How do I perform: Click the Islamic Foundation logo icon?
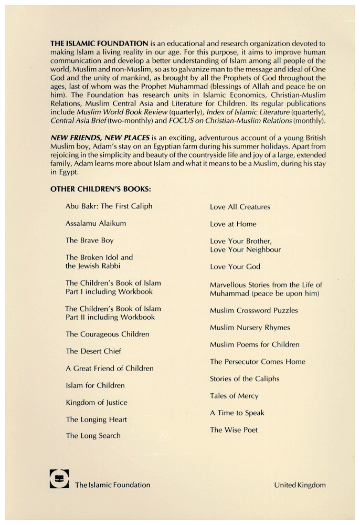(59, 479)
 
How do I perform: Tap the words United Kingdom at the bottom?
(300, 485)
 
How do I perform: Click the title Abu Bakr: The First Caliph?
(109, 206)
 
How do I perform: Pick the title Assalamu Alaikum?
(96, 223)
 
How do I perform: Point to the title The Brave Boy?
(89, 240)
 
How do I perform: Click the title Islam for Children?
(95, 385)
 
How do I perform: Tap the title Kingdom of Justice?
(96, 403)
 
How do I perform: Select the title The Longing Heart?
(96, 419)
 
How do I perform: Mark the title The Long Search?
(93, 436)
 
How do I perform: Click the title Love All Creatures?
(240, 207)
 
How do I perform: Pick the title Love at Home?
(233, 224)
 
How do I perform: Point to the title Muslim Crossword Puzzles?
(253, 310)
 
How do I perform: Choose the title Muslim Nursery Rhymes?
(250, 328)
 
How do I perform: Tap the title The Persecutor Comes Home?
(257, 362)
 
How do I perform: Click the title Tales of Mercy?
(234, 396)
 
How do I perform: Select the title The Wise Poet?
(234, 430)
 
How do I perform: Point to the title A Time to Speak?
(237, 413)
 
